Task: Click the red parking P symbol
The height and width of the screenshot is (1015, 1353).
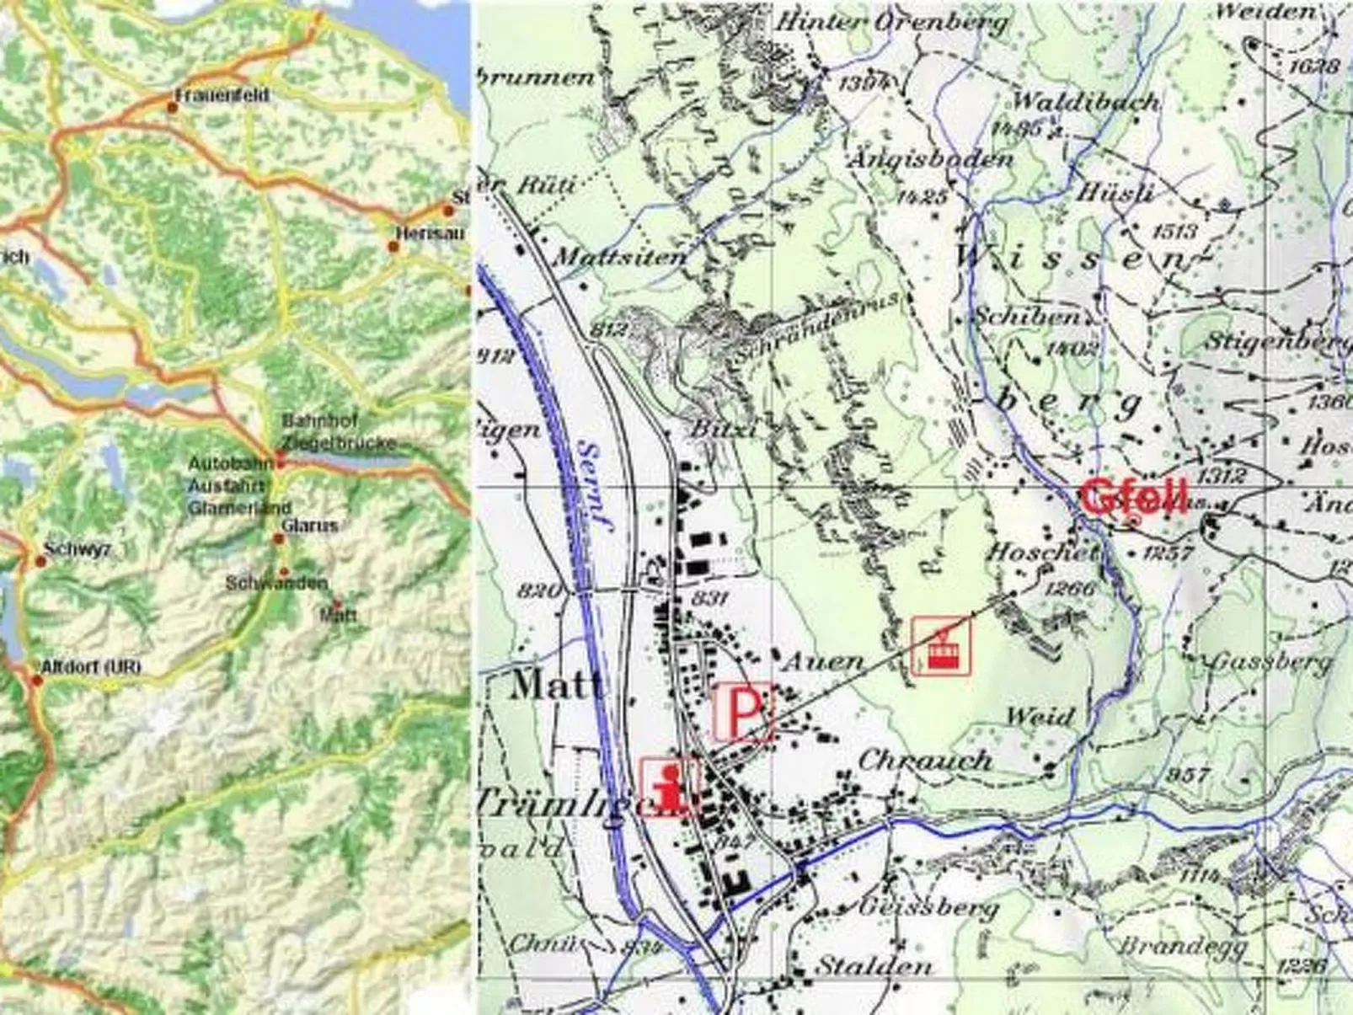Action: [742, 713]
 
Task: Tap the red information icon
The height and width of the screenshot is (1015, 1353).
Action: [670, 787]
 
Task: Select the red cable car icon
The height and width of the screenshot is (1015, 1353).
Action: [941, 646]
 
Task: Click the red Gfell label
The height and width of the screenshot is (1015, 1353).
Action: [1136, 497]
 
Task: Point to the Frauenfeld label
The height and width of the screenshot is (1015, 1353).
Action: [223, 96]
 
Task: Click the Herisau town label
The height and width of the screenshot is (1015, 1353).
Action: [430, 233]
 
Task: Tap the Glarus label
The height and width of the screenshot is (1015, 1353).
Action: [310, 526]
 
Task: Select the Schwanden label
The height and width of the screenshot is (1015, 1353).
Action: [276, 583]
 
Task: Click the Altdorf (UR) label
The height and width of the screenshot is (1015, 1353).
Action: [91, 667]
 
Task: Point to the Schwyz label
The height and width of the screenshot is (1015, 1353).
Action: [78, 550]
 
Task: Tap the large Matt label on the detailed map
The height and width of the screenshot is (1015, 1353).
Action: [557, 684]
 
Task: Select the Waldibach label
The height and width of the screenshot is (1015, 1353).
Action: [1085, 103]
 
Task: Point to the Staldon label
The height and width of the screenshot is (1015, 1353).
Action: [874, 966]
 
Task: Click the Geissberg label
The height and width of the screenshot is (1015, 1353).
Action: [928, 907]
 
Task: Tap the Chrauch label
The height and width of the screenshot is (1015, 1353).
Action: [924, 761]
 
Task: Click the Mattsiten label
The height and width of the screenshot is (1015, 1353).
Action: [622, 256]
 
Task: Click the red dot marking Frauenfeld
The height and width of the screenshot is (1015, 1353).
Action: [173, 108]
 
